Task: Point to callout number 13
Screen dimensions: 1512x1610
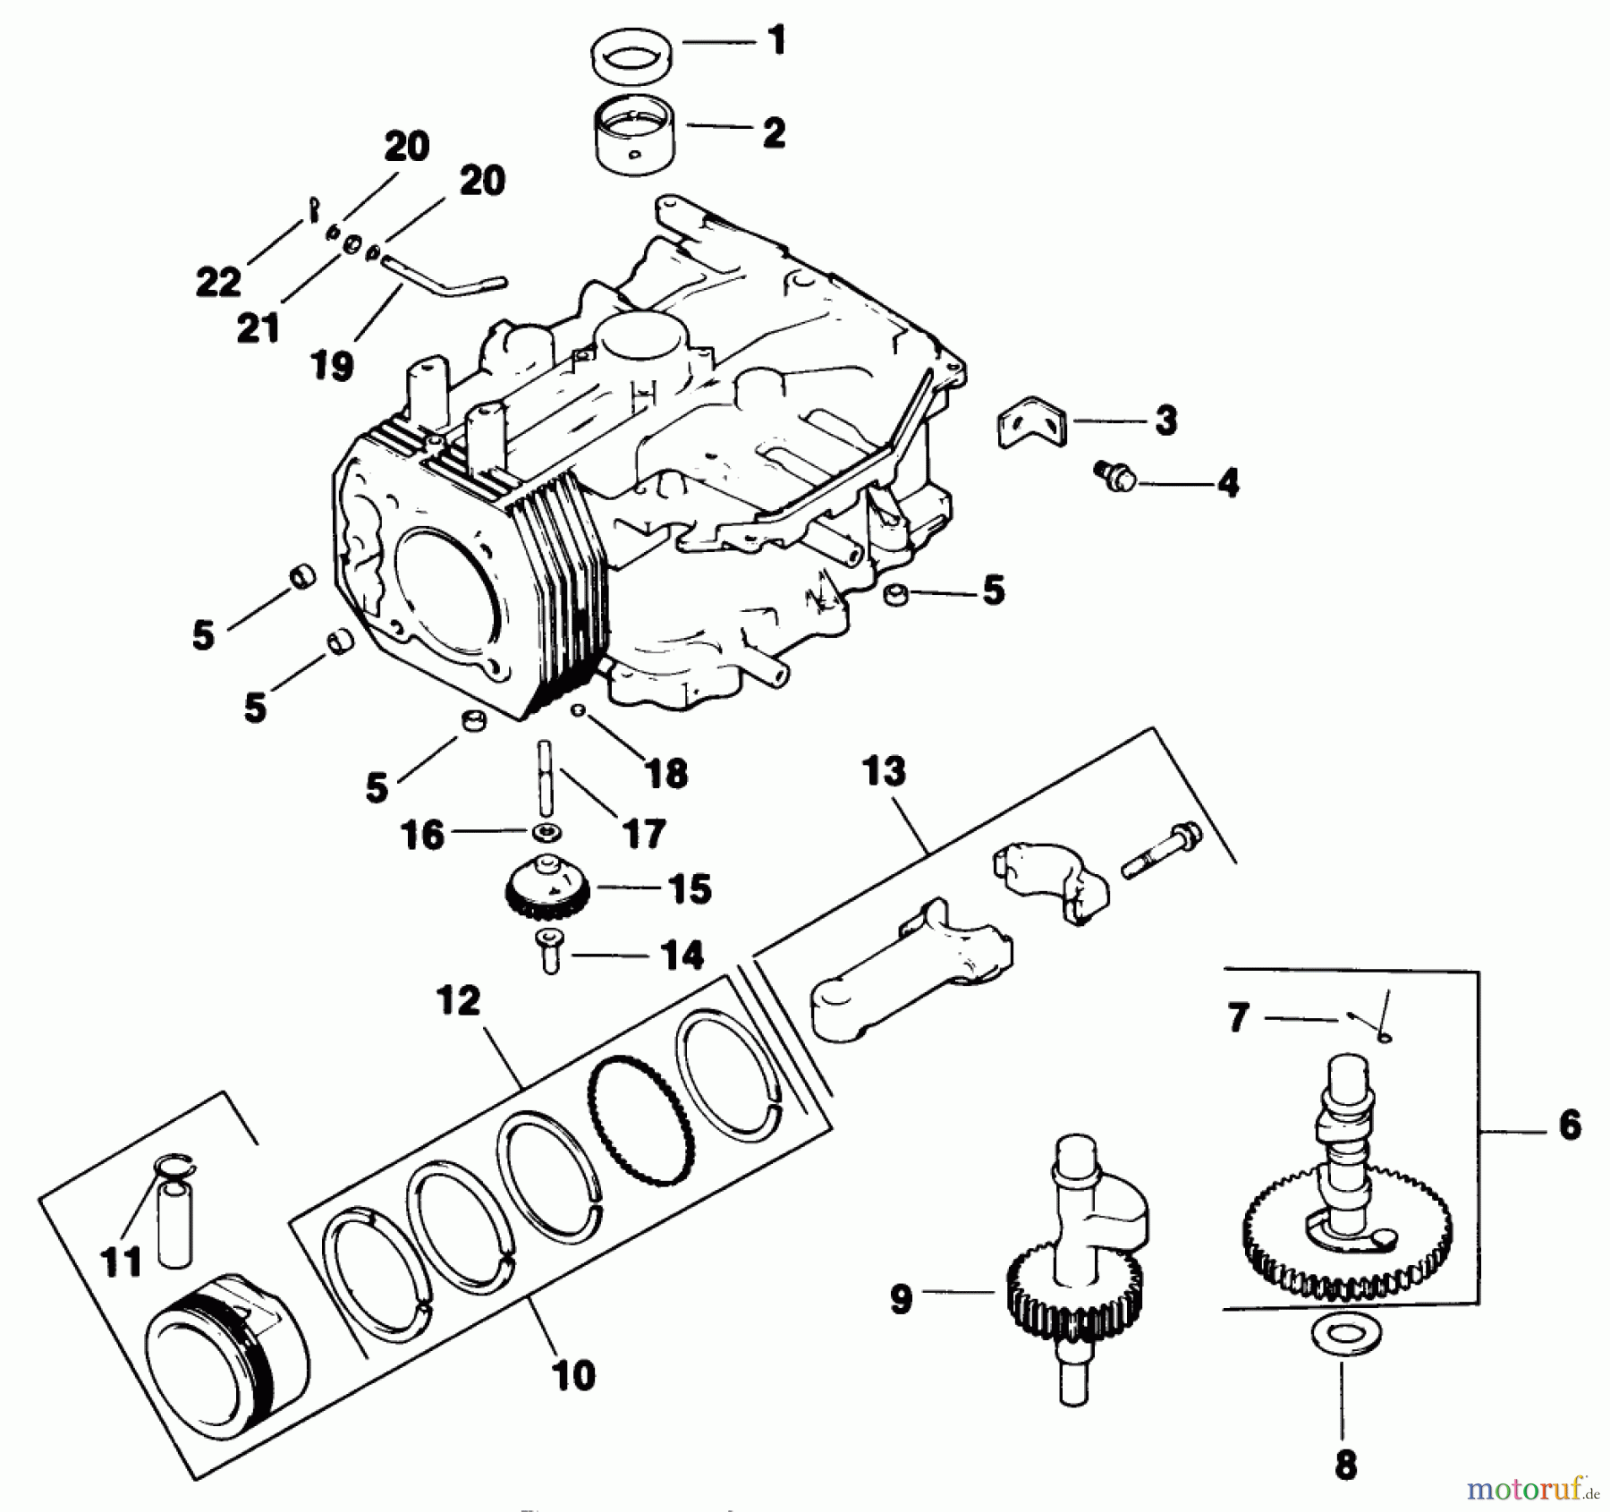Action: pyautogui.click(x=884, y=770)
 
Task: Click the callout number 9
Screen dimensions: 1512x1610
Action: pyautogui.click(x=901, y=1298)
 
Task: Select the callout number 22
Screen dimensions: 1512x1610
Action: pyautogui.click(x=218, y=282)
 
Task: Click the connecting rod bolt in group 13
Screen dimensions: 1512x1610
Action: pyautogui.click(x=1161, y=850)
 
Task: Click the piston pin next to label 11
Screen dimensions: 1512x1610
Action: pyautogui.click(x=174, y=1221)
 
